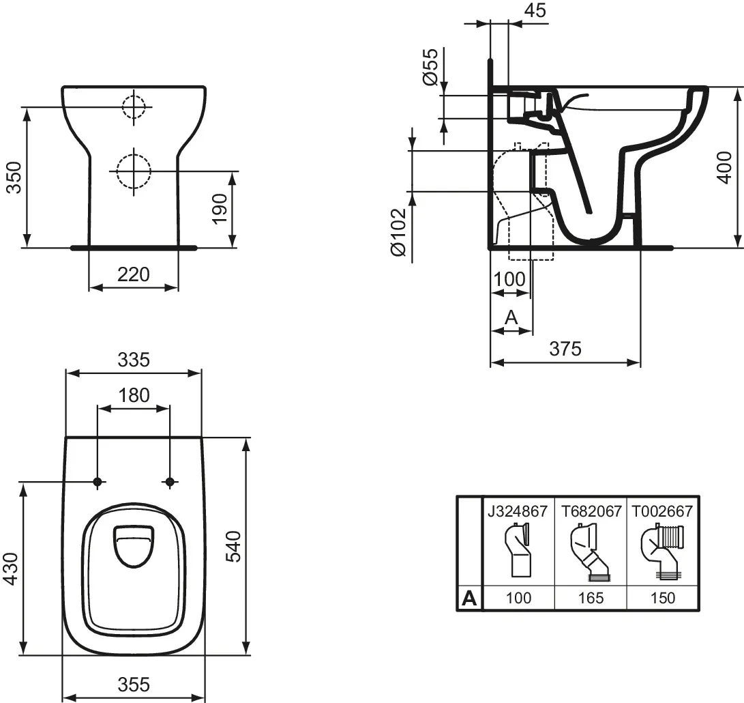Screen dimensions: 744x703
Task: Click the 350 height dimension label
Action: (16, 177)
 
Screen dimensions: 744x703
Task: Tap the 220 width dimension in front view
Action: (134, 274)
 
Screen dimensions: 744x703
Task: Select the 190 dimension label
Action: (220, 209)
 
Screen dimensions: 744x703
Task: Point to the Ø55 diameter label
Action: (430, 66)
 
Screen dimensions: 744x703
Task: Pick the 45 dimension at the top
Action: (536, 10)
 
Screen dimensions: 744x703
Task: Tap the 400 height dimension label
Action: (725, 168)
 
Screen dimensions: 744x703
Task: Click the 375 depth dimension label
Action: (565, 349)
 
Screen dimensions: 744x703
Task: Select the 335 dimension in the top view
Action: (134, 360)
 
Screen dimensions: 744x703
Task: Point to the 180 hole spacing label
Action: (134, 395)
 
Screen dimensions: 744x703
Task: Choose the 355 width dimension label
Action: (134, 685)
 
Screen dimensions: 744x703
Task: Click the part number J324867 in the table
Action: (518, 512)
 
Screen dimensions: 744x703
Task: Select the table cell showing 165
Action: (591, 598)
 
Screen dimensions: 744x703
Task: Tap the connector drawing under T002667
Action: (662, 552)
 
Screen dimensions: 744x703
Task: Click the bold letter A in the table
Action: (468, 598)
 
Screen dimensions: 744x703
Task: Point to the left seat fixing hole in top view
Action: (98, 482)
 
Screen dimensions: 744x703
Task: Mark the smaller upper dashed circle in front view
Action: (134, 107)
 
